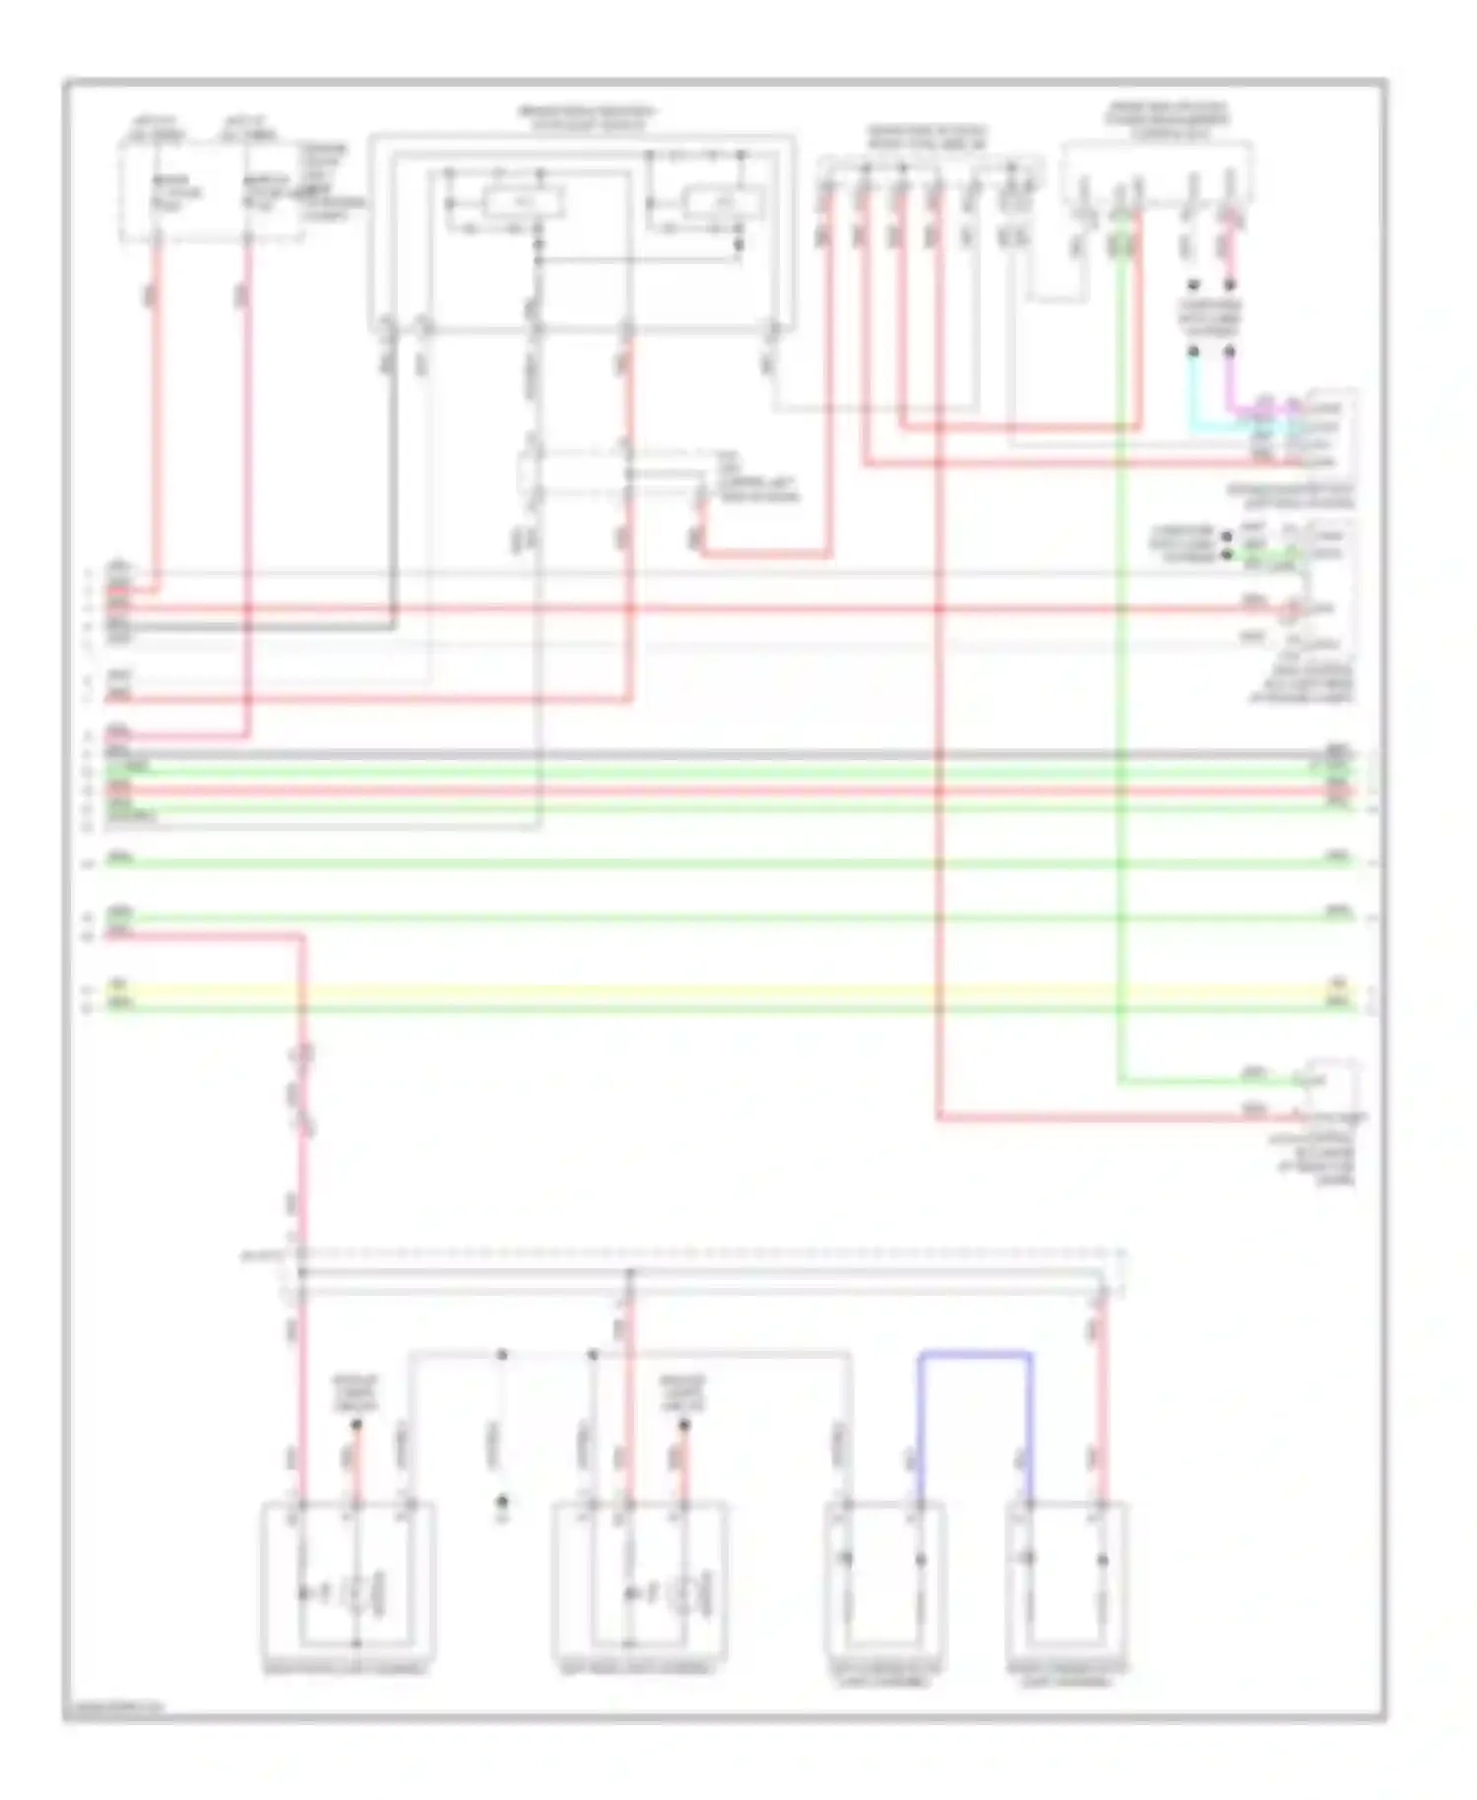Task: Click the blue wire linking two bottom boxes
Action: [x=975, y=1355]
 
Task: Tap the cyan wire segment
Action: [x=1194, y=394]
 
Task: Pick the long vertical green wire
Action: [x=1121, y=689]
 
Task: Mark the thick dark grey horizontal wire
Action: [x=729, y=754]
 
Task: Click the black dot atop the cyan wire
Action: [x=1193, y=351]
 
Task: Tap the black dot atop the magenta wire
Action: [x=1230, y=351]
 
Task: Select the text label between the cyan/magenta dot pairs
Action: [x=1211, y=318]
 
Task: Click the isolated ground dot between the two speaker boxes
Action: [x=501, y=1501]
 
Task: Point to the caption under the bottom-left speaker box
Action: [x=346, y=1670]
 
